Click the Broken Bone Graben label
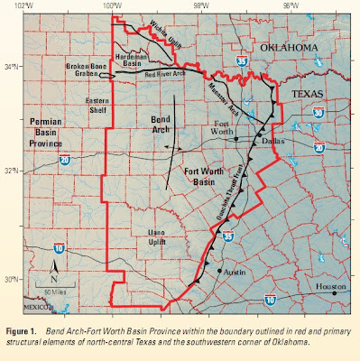[x=89, y=71]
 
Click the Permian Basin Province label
[x=31, y=130]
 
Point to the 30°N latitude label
[x=9, y=279]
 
